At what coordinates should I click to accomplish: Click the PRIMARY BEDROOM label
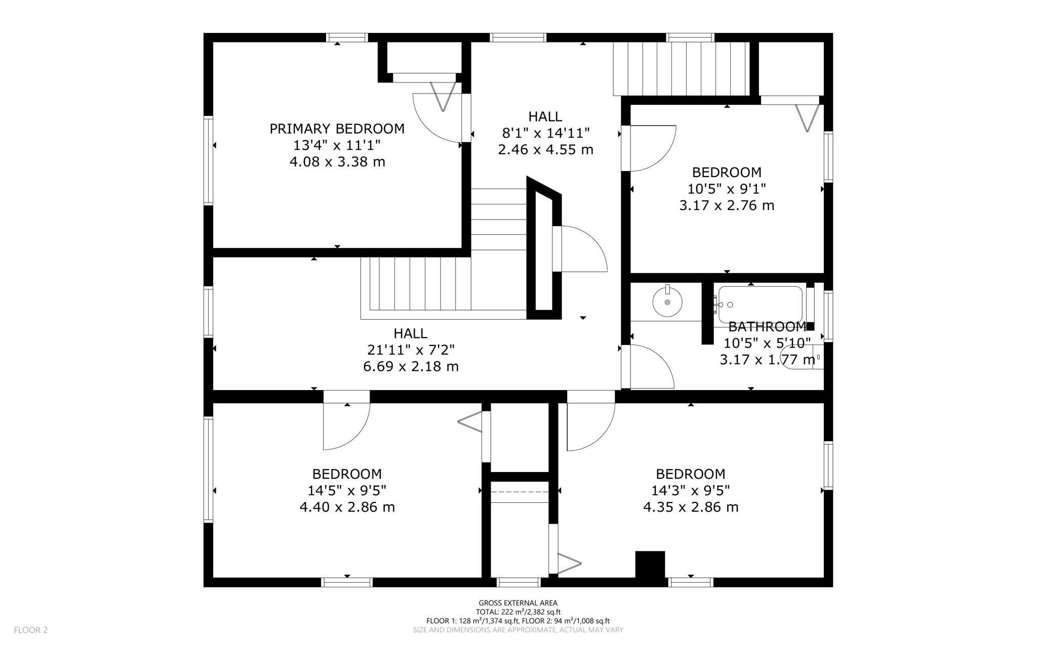337,129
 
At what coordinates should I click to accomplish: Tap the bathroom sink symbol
667,301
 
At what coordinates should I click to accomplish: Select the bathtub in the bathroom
760,304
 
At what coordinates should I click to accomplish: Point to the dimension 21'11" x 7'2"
411,350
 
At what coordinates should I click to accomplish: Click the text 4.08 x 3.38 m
337,162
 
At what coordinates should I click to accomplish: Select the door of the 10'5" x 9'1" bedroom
651,148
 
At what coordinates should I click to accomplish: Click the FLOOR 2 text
30,630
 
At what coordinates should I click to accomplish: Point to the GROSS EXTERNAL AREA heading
518,602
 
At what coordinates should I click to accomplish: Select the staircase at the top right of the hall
681,69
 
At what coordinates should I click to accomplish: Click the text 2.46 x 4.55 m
545,150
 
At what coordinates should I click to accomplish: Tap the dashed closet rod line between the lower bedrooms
520,491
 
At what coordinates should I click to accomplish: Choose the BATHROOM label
767,327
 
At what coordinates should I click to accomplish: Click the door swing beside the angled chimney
582,249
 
